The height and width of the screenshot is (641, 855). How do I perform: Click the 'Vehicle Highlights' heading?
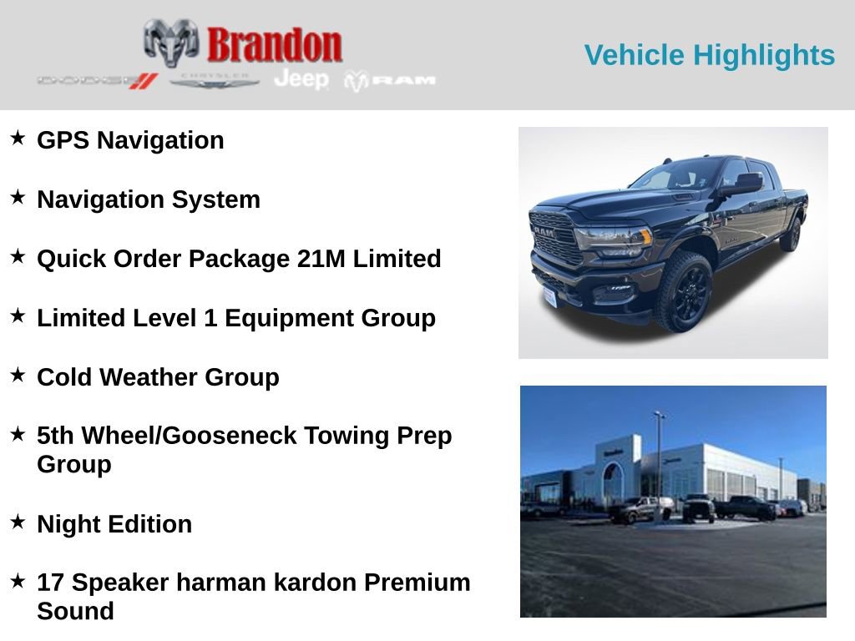click(x=709, y=55)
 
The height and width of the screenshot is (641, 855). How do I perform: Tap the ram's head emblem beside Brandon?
click(x=170, y=42)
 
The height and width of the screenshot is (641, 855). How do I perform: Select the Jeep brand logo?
click(x=301, y=79)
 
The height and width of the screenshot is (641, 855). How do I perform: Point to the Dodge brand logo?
click(x=97, y=80)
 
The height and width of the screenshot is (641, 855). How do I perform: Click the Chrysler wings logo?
click(x=215, y=80)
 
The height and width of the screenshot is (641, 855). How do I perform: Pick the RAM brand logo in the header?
click(x=391, y=80)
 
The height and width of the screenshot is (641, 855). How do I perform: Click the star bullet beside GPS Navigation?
click(x=18, y=138)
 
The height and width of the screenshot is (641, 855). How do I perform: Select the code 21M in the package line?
click(x=321, y=259)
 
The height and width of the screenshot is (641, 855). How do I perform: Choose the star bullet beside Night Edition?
click(x=18, y=522)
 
